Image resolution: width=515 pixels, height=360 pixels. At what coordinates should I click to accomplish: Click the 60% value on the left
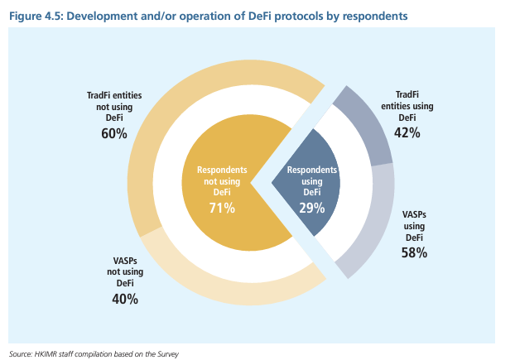point(115,132)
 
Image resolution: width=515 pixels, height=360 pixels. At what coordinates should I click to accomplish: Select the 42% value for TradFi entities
point(407,132)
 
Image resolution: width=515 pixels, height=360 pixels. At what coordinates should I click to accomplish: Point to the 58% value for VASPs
point(415,252)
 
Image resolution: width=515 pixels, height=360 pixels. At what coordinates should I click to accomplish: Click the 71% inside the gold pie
point(221,208)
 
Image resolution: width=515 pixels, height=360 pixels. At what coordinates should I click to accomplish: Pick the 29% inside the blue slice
point(312,208)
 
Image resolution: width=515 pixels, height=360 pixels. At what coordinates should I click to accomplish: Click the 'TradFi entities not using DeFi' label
point(115,107)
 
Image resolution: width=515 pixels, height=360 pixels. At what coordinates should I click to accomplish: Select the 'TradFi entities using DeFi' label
point(407,106)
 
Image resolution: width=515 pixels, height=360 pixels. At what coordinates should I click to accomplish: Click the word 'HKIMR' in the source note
point(50,354)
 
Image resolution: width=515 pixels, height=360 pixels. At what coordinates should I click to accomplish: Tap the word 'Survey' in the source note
point(166,354)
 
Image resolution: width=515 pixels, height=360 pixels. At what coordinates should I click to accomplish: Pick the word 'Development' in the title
point(100,16)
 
